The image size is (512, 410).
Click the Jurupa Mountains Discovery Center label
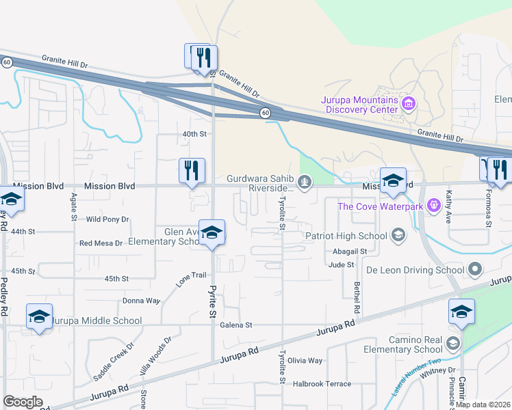click(360, 105)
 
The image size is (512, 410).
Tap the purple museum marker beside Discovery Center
click(409, 105)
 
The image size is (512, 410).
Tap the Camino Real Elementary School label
click(402, 344)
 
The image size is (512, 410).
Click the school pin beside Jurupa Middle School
click(40, 316)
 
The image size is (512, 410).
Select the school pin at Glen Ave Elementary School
click(212, 233)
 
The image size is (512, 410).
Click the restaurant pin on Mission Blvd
click(192, 170)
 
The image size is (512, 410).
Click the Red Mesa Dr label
click(101, 243)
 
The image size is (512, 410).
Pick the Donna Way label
click(141, 301)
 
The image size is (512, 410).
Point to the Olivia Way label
click(305, 360)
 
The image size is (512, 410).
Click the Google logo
click(23, 402)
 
